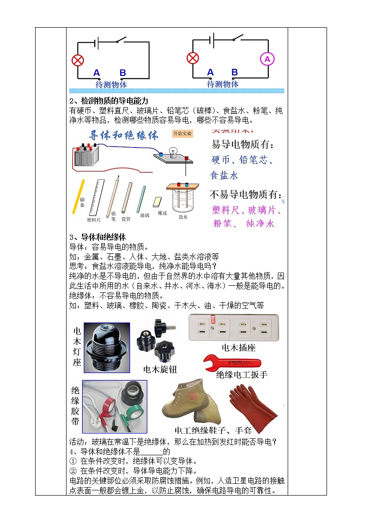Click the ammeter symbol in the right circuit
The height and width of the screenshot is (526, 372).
click(x=268, y=59)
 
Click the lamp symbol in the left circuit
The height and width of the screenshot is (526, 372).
click(x=77, y=60)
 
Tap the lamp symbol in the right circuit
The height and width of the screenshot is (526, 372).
click(x=193, y=58)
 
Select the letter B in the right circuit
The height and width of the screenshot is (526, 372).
click(x=235, y=72)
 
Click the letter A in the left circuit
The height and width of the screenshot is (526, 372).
click(x=97, y=73)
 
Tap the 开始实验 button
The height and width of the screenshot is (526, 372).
click(x=182, y=133)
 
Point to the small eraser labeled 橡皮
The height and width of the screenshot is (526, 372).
click(x=158, y=202)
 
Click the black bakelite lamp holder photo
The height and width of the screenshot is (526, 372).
click(x=107, y=347)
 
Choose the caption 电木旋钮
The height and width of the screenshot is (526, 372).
click(x=160, y=370)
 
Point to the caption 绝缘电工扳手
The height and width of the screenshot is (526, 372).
click(x=242, y=375)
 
